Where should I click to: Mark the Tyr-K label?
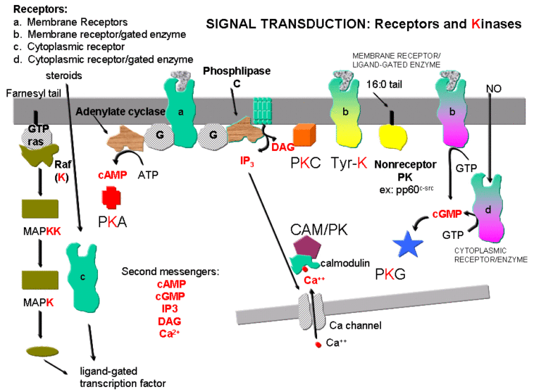(x=350, y=164)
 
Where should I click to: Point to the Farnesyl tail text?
(x=31, y=94)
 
